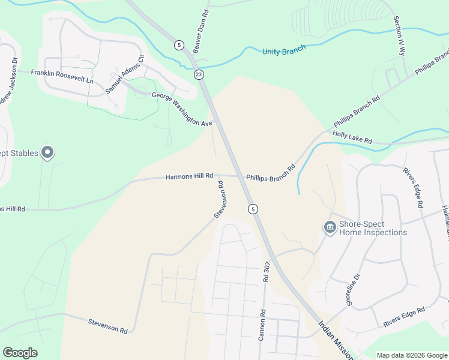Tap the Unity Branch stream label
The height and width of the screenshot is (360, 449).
pos(284,50)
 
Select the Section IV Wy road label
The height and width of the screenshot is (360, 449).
pos(399,37)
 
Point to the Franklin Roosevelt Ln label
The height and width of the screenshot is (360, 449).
pos(62,76)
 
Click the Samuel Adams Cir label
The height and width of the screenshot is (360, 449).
pos(125,74)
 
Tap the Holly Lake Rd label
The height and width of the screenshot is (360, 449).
pos(352,137)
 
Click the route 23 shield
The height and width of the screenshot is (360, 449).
pos(199,74)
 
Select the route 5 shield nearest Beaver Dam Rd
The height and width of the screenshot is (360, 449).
pos(179,45)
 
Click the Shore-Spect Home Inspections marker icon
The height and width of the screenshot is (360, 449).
pos(330,227)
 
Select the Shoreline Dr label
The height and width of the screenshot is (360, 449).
pos(353,290)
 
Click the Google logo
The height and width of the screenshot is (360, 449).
pos(20,353)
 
